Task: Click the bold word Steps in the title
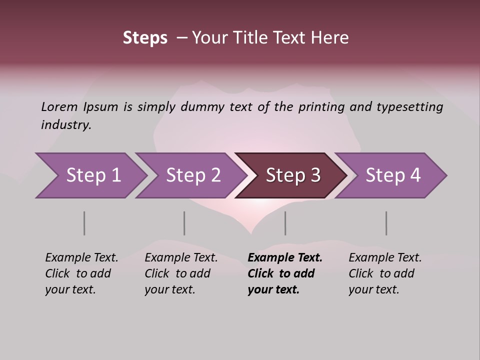[x=145, y=38]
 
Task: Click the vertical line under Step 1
[x=84, y=223]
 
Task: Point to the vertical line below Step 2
[x=184, y=223]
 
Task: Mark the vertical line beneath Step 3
[x=285, y=223]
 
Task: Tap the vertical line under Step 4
[x=386, y=223]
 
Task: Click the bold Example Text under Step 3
[x=285, y=258]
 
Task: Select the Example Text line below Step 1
[x=81, y=258]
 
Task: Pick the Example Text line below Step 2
[x=181, y=258]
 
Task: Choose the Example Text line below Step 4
[x=385, y=258]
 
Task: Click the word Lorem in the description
[x=59, y=107]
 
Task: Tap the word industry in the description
[x=66, y=125]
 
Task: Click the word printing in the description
[x=322, y=107]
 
